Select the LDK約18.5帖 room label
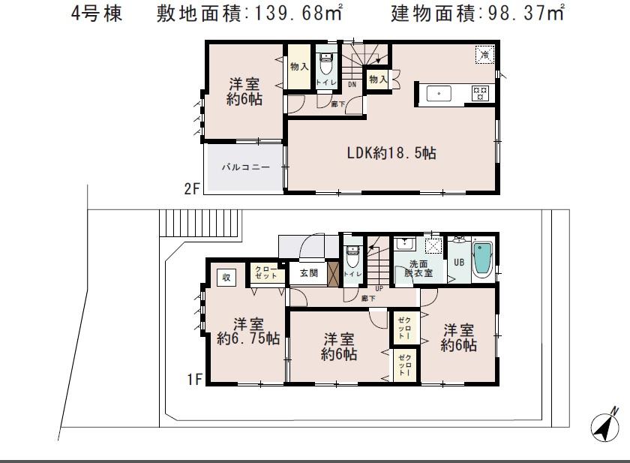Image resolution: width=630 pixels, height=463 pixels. pos(391,153)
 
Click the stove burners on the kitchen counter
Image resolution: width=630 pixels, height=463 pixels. pos(479,93)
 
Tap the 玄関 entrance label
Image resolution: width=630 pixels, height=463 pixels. pos(309,273)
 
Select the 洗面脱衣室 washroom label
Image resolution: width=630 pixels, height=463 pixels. pos(420,269)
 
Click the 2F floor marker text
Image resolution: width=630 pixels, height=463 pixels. pos(193,189)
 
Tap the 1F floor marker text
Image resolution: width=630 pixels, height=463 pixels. pos(194,380)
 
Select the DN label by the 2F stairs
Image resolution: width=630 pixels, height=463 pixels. pos(351,85)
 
